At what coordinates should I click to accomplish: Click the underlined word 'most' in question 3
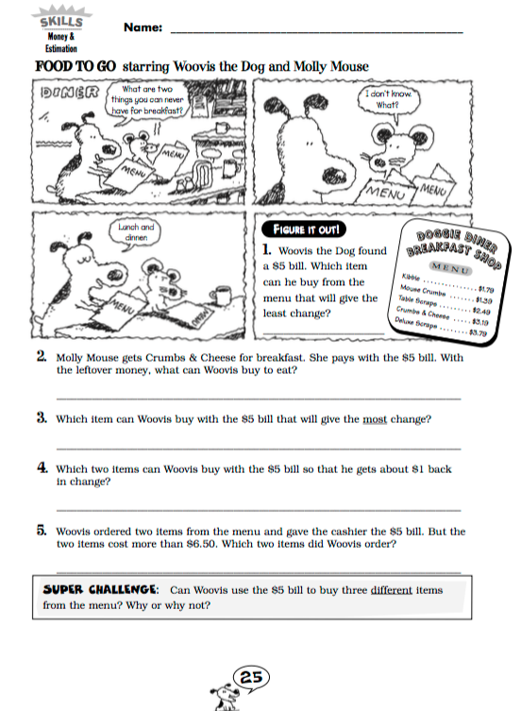coord(376,418)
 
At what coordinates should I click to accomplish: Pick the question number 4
coord(42,467)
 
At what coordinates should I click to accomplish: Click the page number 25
coord(252,677)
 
